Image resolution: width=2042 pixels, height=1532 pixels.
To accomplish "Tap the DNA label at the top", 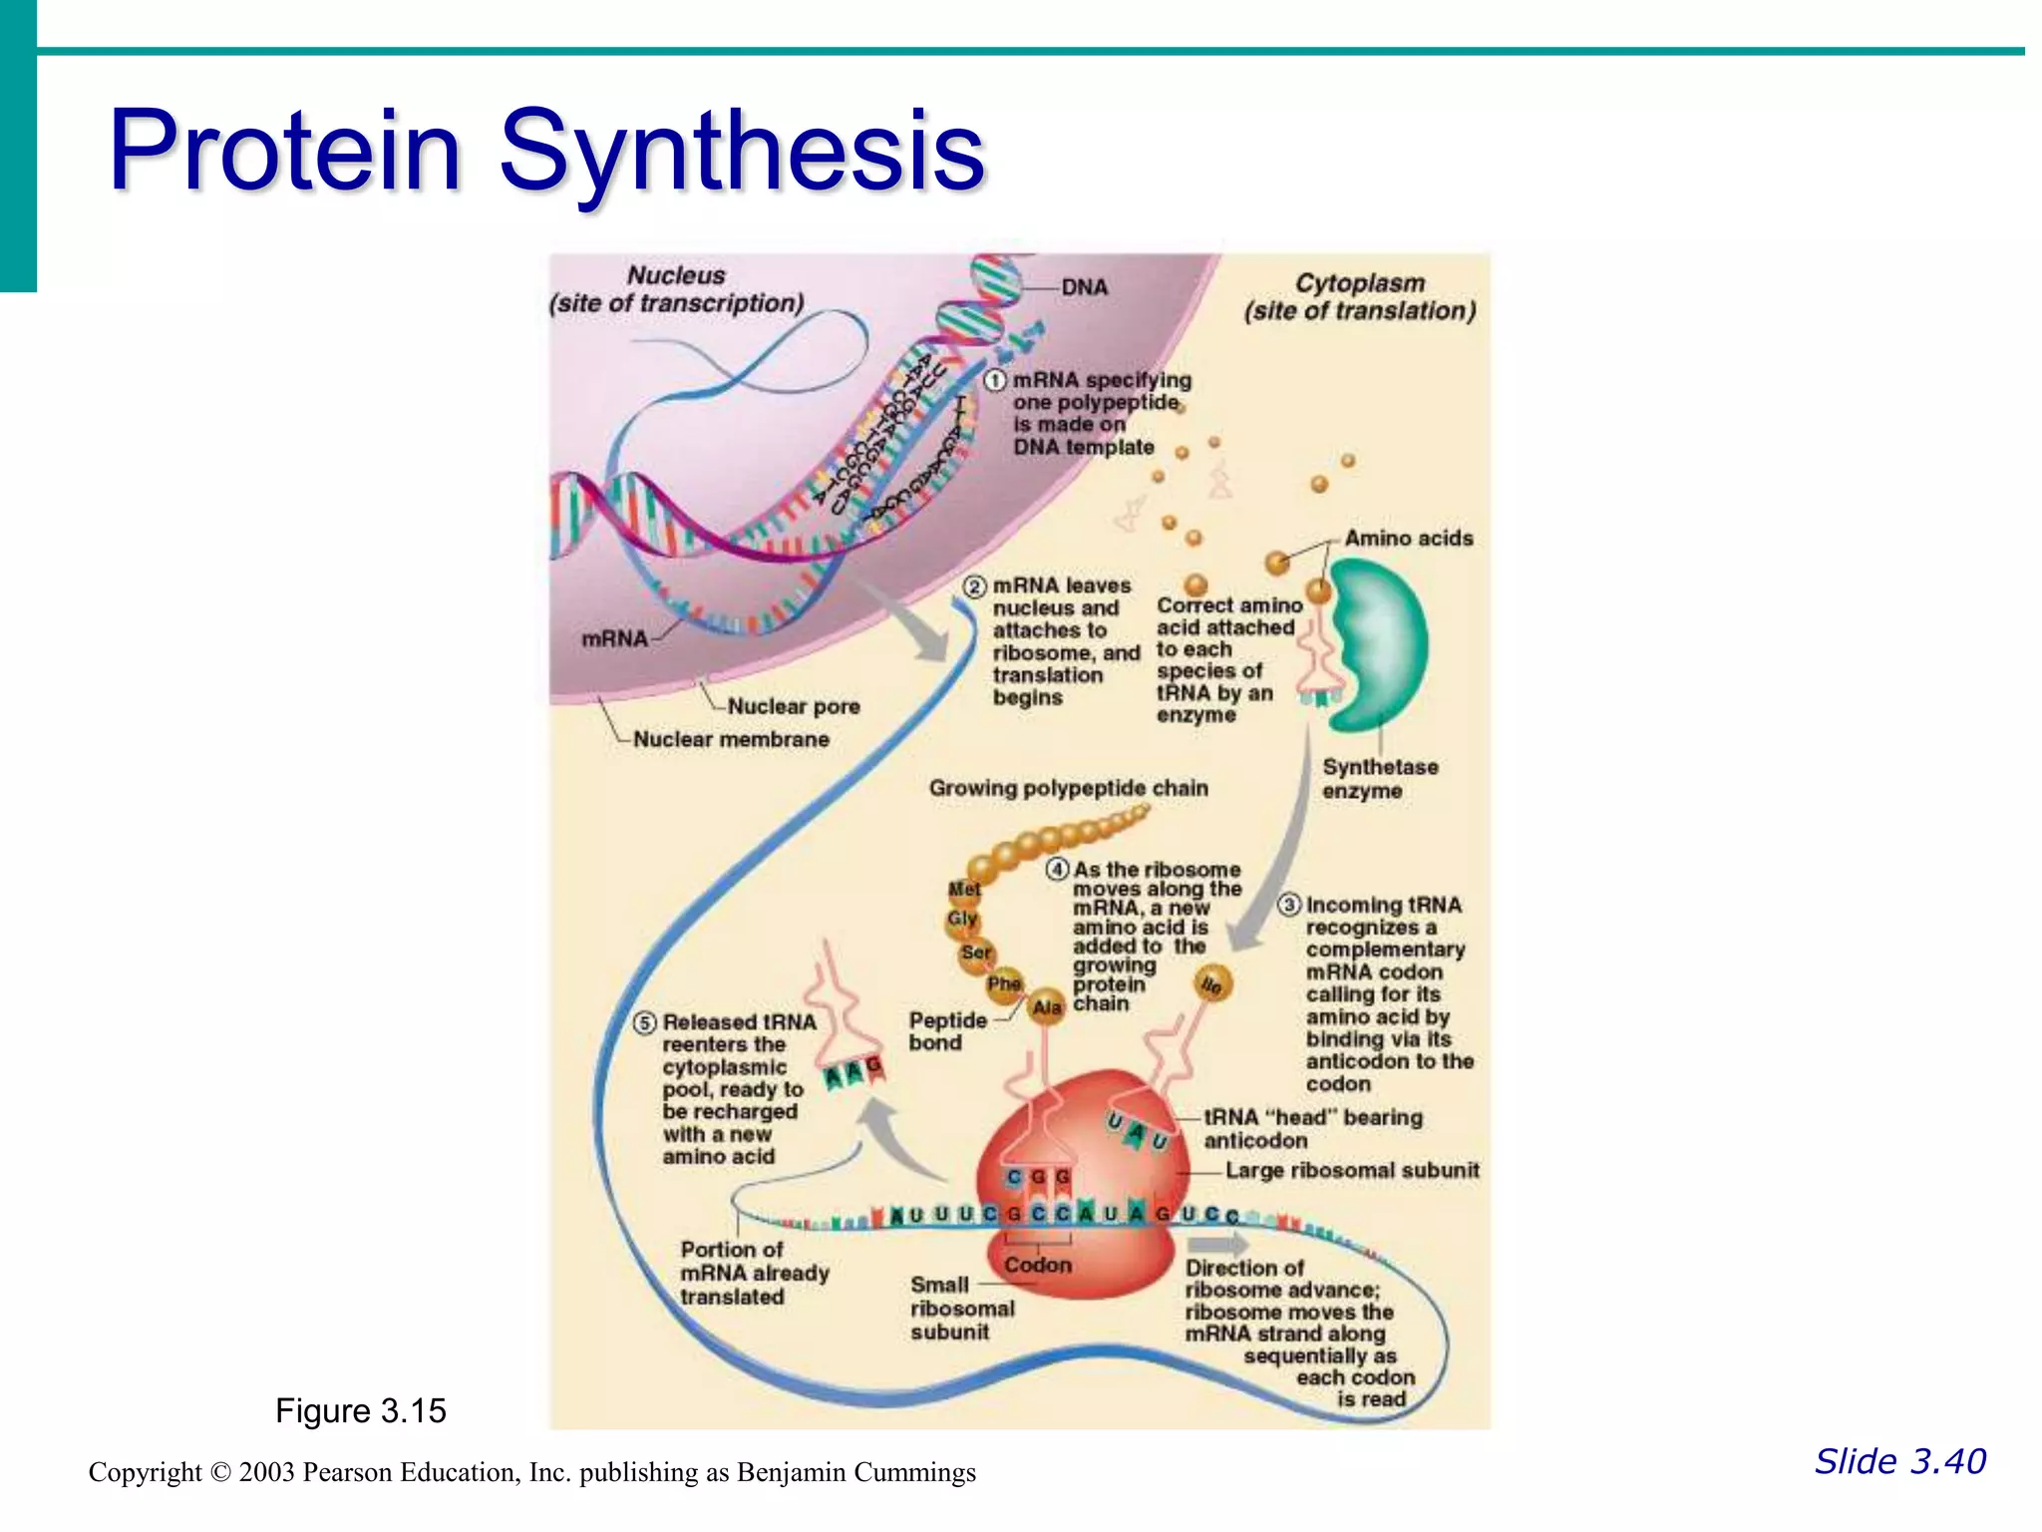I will point(1084,287).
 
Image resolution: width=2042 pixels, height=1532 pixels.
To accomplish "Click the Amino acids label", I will point(1408,539).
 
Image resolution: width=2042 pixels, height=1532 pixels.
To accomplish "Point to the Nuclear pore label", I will point(793,706).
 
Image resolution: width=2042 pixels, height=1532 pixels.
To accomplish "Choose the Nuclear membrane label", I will point(731,739).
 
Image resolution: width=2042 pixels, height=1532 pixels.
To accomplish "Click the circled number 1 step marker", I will point(995,380).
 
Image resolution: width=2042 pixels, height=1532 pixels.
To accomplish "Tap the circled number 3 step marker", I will point(1289,905).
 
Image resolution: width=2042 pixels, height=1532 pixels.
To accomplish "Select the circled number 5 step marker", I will point(645,1022).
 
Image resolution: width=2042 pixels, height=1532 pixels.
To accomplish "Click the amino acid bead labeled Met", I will point(964,889).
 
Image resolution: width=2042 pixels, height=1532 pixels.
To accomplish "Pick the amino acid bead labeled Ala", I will point(1046,1007).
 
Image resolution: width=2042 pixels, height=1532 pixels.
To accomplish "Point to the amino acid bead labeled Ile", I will point(1212,984).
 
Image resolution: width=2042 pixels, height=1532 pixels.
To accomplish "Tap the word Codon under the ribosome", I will point(1038,1265).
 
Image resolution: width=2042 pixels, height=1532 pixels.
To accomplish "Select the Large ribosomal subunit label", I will point(1352,1170).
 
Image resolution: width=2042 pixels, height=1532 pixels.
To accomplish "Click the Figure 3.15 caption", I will point(360,1410).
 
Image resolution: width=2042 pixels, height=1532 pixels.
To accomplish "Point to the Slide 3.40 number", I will point(1899,1461).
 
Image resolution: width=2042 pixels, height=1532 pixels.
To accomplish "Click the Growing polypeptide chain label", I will point(1068,788).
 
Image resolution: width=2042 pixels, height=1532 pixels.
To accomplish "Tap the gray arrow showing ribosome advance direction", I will point(1217,1244).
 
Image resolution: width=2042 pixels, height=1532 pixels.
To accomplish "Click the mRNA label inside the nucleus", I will point(614,638).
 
